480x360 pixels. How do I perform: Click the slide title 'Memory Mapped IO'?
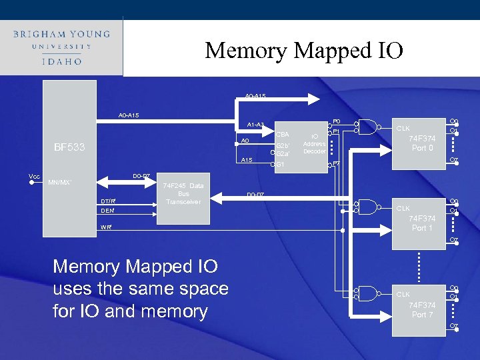(304, 50)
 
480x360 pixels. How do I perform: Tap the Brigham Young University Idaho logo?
(61, 46)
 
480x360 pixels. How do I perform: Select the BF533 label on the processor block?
(69, 147)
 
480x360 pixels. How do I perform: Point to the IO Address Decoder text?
(313, 143)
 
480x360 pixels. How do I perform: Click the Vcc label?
(34, 176)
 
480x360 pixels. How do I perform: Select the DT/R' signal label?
(108, 201)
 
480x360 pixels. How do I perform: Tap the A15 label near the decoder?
(247, 160)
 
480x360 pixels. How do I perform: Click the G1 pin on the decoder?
(281, 164)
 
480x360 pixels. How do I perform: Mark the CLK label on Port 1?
(404, 208)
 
